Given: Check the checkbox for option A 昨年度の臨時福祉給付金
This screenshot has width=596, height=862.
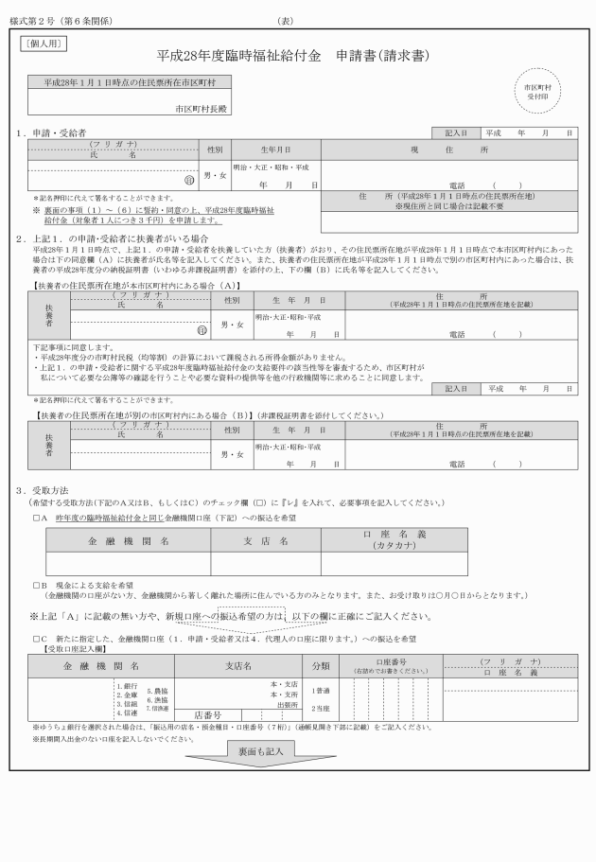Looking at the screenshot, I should click(35, 518).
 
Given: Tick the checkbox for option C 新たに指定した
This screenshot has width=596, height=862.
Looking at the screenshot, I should click(35, 640).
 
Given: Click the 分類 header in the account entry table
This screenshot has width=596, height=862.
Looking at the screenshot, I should click(321, 666).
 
